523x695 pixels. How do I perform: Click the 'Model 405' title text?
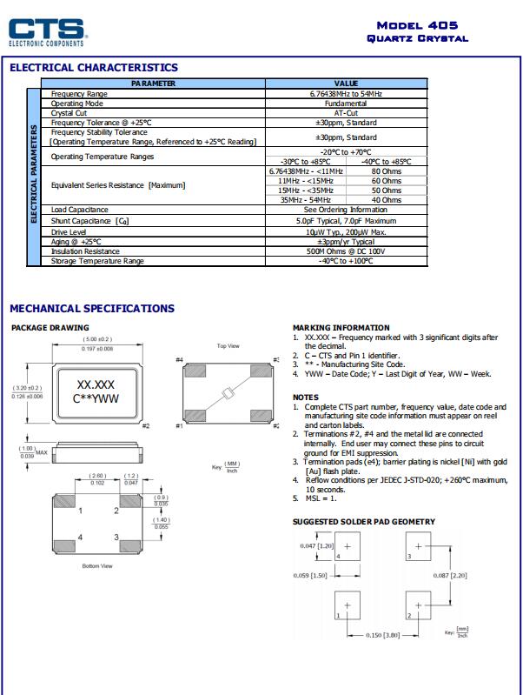[x=418, y=26]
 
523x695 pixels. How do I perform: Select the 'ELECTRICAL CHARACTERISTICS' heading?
[x=94, y=68]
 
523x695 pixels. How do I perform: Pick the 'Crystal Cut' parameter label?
[x=69, y=113]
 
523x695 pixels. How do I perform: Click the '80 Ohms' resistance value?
[x=386, y=171]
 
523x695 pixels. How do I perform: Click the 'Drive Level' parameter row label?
[x=70, y=232]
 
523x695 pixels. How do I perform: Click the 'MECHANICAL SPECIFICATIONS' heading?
[x=92, y=309]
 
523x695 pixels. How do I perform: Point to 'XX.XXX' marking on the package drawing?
[x=97, y=384]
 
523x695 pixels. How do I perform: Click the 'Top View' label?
[x=228, y=346]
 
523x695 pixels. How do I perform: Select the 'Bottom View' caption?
[x=97, y=566]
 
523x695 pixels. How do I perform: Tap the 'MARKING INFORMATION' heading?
[x=341, y=328]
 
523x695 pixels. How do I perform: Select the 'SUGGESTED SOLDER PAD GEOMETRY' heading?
[x=364, y=522]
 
